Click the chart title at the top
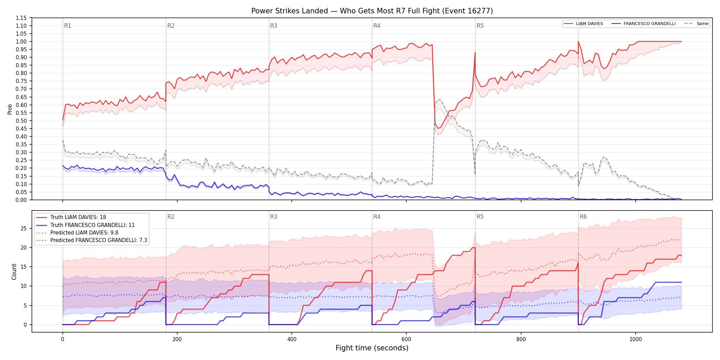pos(372,11)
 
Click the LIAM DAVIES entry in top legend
pos(589,24)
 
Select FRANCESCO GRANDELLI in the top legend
pos(649,24)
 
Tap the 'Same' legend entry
pos(702,24)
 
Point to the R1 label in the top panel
pos(68,26)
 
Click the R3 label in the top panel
pos(274,26)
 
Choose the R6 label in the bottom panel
pos(583,217)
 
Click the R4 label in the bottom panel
pos(377,217)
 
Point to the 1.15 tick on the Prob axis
pos(21,18)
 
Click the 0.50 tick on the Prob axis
pos(21,121)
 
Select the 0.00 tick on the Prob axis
pos(21,200)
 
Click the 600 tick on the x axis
pos(406,339)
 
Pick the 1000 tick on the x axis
pos(636,339)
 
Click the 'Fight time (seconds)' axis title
pos(372,348)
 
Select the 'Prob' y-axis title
pos(10,109)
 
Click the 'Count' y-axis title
pos(14,272)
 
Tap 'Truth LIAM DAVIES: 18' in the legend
pos(78,217)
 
